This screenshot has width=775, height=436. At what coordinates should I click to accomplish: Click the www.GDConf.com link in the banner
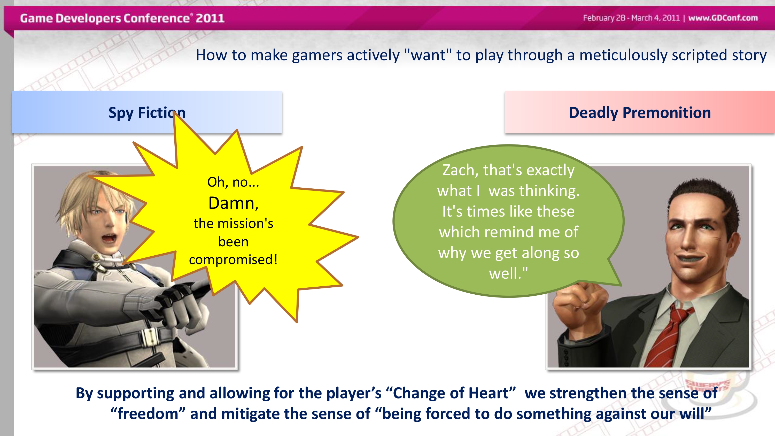[723, 18]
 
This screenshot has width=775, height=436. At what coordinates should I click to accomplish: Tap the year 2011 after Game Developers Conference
[210, 18]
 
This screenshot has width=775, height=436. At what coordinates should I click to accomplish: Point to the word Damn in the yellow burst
[233, 203]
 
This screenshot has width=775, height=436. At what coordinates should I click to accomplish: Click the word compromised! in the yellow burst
[233, 260]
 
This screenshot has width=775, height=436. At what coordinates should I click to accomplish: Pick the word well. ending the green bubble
[508, 273]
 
